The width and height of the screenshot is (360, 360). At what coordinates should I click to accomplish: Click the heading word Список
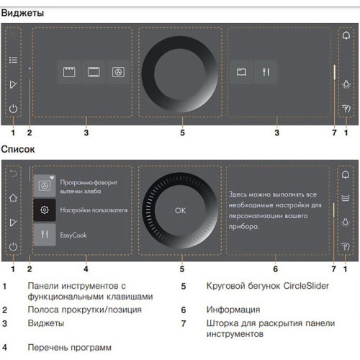(x=18, y=150)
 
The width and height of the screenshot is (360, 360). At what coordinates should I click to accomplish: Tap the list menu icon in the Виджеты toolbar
(x=13, y=61)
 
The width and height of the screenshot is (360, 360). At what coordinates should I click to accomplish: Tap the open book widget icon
(x=242, y=72)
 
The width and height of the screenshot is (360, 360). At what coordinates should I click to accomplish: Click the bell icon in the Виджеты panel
(x=346, y=36)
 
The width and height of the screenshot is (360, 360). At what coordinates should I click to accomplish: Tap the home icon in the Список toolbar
(x=13, y=198)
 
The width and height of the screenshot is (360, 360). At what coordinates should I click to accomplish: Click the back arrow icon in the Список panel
(x=13, y=175)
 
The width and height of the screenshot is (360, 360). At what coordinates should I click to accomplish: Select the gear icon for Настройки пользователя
(x=45, y=210)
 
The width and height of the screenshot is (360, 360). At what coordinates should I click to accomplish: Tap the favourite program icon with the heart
(x=45, y=185)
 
